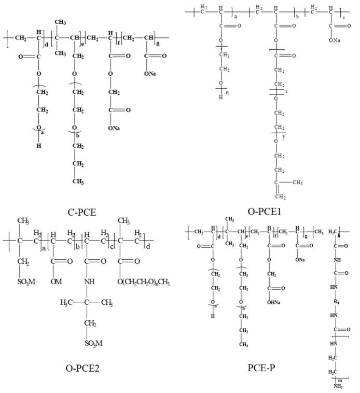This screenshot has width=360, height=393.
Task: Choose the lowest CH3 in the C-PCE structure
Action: tap(79, 181)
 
